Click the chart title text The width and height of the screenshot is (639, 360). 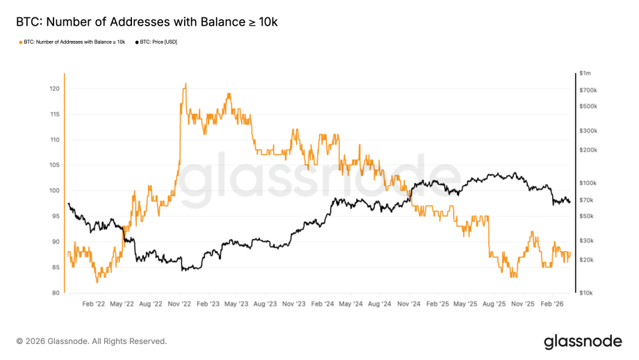pos(147,22)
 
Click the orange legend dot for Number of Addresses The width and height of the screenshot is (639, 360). pos(20,42)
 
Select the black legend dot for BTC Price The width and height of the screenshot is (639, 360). pos(137,42)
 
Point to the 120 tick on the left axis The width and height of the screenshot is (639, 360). pos(54,89)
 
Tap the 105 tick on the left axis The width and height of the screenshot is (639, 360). pos(54,165)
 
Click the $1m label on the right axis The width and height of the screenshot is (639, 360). pos(586,74)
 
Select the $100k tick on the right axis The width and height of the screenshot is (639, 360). pos(588,183)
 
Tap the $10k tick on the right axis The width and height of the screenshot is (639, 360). pos(586,293)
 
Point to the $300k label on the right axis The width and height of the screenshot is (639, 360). pos(588,131)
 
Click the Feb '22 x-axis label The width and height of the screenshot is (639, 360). pos(94,304)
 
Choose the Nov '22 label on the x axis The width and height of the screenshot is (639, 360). pos(179,304)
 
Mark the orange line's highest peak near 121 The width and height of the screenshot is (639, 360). pos(185,84)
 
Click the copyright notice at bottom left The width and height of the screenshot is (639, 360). pos(92,341)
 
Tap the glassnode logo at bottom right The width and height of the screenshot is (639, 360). pos(582,341)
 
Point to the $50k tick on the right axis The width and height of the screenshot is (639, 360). pos(587,216)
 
